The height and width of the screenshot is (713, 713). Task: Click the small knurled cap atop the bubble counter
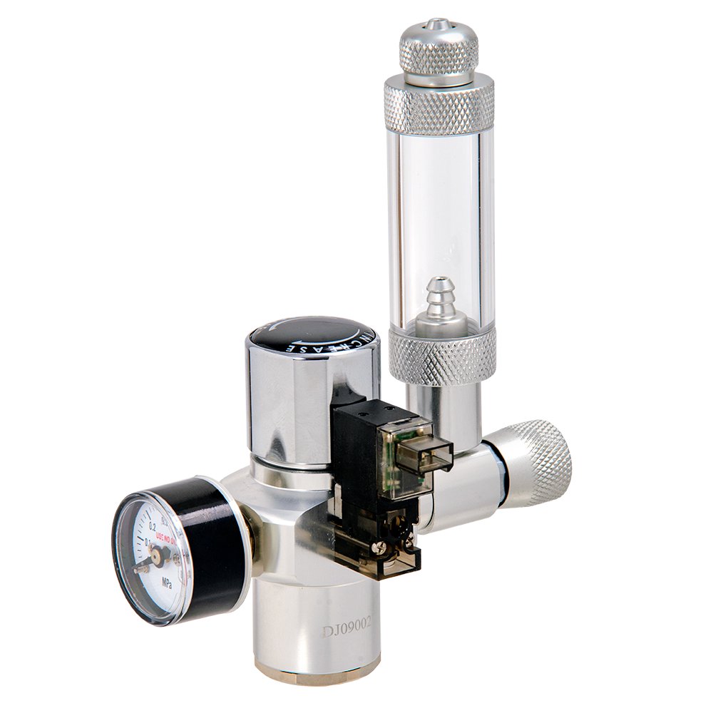pyautogui.click(x=438, y=50)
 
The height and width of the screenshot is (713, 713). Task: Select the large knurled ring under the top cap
pyautogui.click(x=439, y=107)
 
